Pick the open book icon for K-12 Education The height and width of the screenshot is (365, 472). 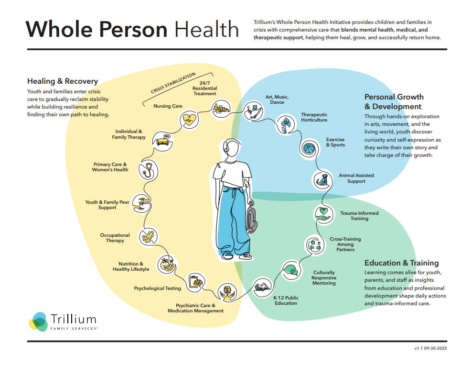tap(261, 287)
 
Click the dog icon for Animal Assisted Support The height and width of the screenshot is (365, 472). tap(322, 179)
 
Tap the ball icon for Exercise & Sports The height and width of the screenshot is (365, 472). tap(308, 147)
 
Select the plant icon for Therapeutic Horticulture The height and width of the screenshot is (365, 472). tap(285, 123)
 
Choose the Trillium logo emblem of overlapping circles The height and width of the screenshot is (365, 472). tap(38, 321)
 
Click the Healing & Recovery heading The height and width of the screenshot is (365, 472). tap(63, 81)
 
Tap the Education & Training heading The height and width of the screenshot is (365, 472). tap(401, 263)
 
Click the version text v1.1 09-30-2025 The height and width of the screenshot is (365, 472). tap(430, 349)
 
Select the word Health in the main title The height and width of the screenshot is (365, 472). tap(206, 29)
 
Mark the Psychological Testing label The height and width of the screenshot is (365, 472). tap(157, 288)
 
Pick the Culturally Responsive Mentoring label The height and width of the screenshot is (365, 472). tap(323, 278)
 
